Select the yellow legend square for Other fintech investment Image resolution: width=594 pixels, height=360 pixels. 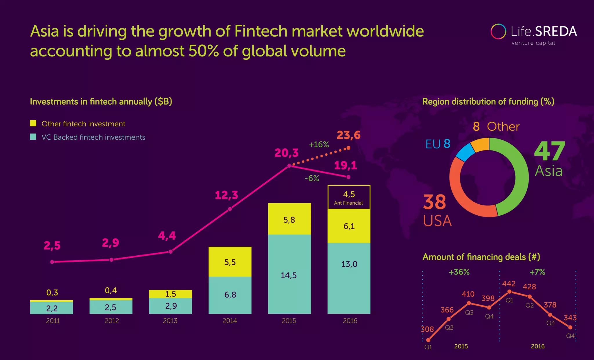tap(33, 123)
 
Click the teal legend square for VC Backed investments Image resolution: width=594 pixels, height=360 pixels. tap(33, 137)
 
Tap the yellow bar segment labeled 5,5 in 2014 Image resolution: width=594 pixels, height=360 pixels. tap(230, 262)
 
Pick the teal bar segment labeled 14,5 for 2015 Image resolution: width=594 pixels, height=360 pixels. tap(289, 274)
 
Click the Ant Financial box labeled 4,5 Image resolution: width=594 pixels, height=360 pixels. tap(349, 197)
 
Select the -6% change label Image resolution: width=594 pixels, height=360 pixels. tap(312, 178)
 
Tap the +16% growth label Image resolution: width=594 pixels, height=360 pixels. tap(319, 144)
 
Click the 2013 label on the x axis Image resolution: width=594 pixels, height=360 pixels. tap(170, 321)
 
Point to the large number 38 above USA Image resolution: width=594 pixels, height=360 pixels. tap(434, 202)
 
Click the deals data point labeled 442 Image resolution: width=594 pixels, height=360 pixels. tap(509, 292)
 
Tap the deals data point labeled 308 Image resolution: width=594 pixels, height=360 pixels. tap(428, 340)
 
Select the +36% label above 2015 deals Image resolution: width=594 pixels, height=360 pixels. tap(459, 272)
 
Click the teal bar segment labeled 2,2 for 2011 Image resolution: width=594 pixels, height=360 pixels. tap(52, 308)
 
